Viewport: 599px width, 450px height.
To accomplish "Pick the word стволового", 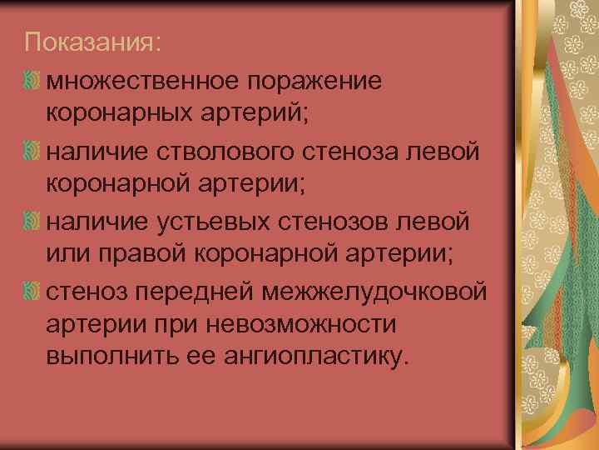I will (214, 152).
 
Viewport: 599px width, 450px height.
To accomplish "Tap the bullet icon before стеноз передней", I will (32, 293).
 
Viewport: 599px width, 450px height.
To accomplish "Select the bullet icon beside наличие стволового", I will (32, 152).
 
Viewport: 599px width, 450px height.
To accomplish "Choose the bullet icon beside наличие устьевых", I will (32, 222).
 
